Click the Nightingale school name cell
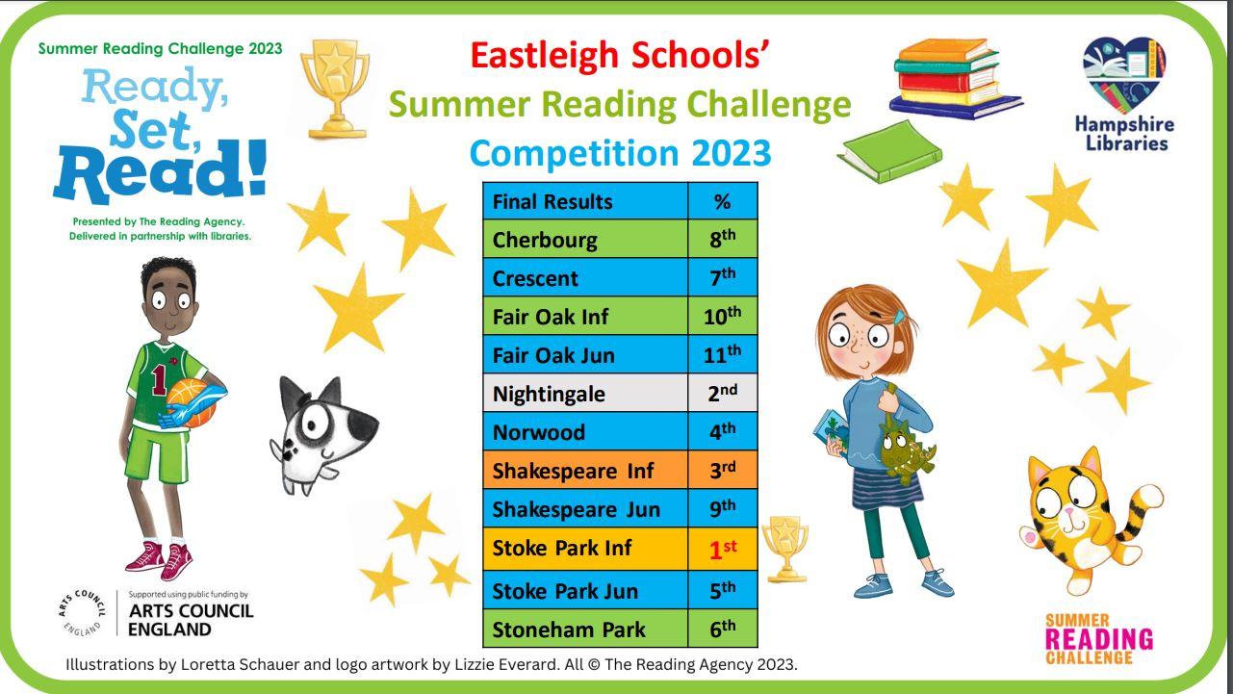[585, 394]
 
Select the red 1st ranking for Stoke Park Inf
[723, 549]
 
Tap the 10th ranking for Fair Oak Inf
[722, 316]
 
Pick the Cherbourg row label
[585, 240]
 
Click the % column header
[723, 201]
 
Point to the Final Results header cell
[585, 201]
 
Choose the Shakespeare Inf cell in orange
[585, 471]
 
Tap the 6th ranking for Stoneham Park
[723, 629]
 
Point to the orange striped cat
[1090, 520]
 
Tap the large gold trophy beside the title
[335, 88]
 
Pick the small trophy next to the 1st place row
[785, 549]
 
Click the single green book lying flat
[890, 152]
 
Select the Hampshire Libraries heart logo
[1124, 74]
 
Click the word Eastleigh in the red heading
[545, 56]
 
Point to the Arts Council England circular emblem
[82, 613]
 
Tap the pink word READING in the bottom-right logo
[1098, 639]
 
